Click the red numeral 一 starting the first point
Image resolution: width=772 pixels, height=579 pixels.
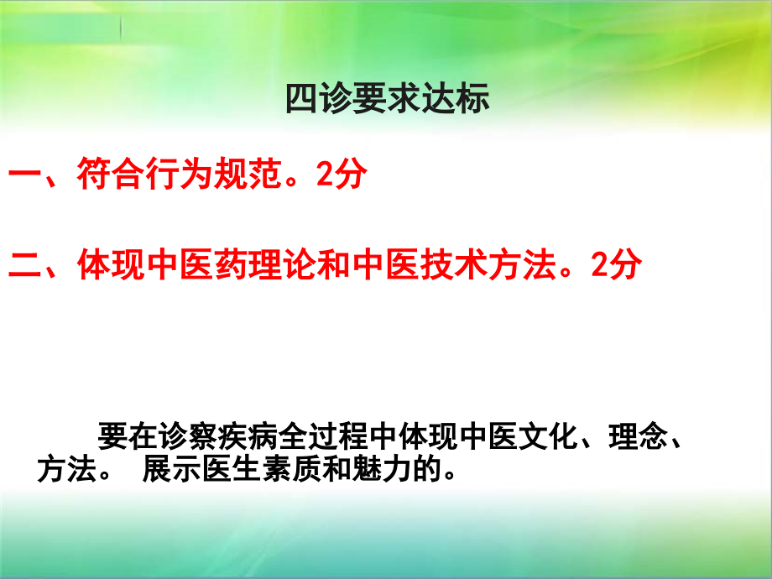click(23, 177)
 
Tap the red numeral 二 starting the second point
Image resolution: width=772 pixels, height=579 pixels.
click(23, 265)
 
